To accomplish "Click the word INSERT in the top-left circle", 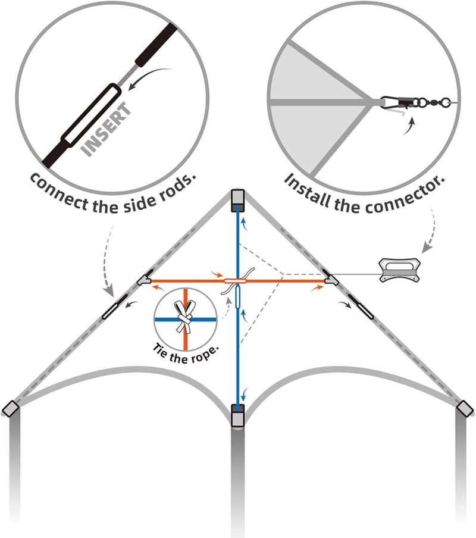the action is (x=107, y=129).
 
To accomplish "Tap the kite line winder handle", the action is (x=399, y=270).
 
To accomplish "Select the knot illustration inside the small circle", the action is (x=185, y=317).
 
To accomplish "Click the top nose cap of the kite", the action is (x=237, y=201).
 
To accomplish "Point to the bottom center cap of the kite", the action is (x=237, y=415).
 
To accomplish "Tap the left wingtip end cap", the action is (x=10, y=409).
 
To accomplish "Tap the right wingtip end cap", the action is (x=465, y=409).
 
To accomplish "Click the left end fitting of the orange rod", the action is (x=144, y=277).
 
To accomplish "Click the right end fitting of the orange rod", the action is (x=331, y=277).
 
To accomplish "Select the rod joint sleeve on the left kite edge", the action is (x=115, y=306).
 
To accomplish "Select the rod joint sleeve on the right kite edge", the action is (x=360, y=306).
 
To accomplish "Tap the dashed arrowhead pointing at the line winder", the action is (x=426, y=248).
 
